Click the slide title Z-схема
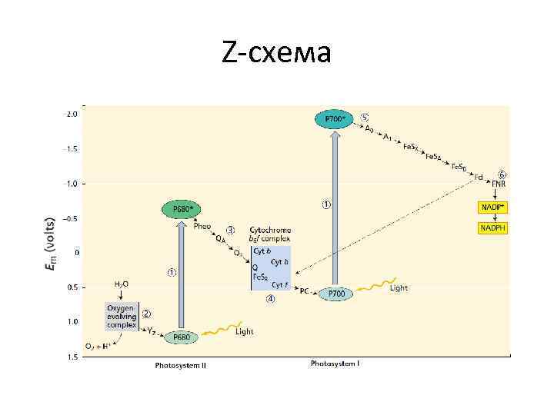[276, 53]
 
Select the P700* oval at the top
[333, 118]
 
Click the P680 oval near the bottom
[182, 337]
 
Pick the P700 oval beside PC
[336, 293]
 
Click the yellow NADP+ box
[493, 207]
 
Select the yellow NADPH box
[493, 228]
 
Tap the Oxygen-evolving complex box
[121, 315]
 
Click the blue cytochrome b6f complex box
[271, 267]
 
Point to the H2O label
[122, 284]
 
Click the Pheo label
[202, 226]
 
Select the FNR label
[499, 185]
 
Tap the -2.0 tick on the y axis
[70, 114]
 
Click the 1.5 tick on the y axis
[72, 357]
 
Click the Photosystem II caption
[180, 365]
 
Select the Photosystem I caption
[335, 363]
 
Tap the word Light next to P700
[399, 288]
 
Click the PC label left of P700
[305, 291]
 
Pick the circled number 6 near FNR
[502, 174]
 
